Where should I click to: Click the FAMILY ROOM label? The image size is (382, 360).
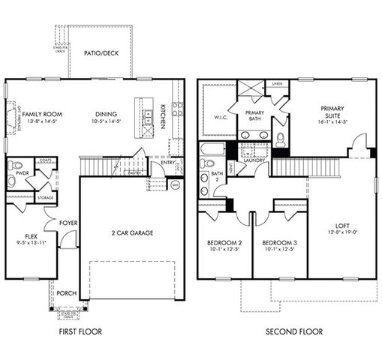41,114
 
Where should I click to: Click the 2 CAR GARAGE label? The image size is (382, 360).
132,233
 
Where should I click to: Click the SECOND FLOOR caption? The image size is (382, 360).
294,331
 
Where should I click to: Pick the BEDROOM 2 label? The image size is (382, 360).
224,244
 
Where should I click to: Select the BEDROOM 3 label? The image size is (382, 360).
280,244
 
